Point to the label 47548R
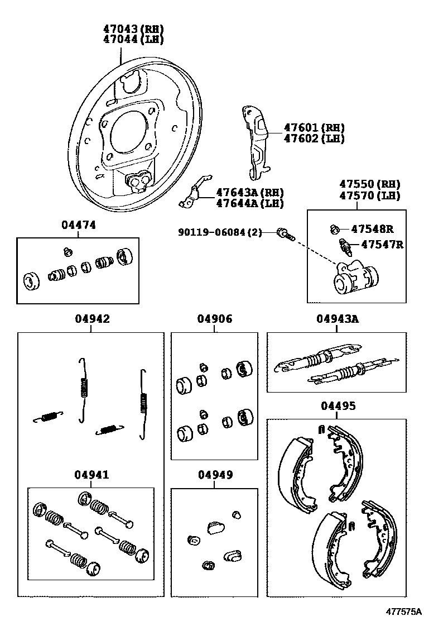pyautogui.click(x=372, y=228)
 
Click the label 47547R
pyautogui.click(x=382, y=244)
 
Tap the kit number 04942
pyautogui.click(x=92, y=319)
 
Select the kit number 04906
pyautogui.click(x=214, y=319)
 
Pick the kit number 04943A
pyautogui.click(x=337, y=319)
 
